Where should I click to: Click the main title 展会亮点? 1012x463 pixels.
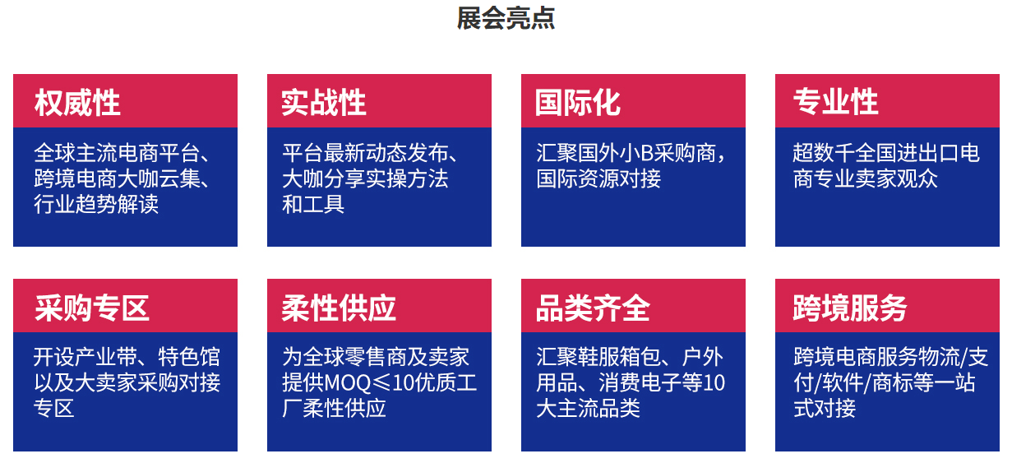coord(506,19)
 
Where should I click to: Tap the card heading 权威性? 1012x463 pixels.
coord(77,103)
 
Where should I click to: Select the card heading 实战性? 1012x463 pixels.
coord(323,103)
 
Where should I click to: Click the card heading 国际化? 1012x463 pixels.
coord(578,103)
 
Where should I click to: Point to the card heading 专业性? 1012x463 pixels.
coord(836,102)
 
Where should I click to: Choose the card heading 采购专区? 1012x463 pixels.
coord(92,308)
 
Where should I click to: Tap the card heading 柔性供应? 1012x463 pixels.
coord(339,308)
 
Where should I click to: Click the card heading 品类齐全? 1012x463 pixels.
coord(593,308)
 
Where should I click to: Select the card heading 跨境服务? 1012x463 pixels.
coord(850,308)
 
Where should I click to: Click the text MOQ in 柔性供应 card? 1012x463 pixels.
coord(348,383)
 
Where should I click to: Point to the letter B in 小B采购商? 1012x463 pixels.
coord(647,153)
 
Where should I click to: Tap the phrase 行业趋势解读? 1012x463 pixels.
coord(96,204)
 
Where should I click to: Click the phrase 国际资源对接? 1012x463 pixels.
coord(599,178)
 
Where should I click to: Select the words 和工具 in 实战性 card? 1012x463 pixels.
coord(313,204)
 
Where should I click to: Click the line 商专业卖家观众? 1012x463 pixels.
coord(866,178)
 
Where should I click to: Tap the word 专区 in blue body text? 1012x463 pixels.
coord(53,408)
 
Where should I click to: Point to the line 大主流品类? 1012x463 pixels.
coord(589,408)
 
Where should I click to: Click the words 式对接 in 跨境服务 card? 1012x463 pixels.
coord(825,408)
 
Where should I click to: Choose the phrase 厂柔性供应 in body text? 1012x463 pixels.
coord(334,408)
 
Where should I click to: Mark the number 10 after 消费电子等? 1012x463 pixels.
coord(714,383)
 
